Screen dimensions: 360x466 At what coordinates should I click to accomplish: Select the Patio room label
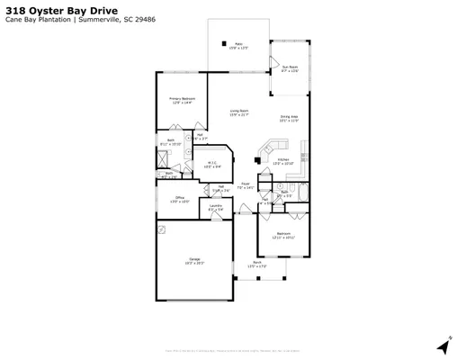pyautogui.click(x=239, y=44)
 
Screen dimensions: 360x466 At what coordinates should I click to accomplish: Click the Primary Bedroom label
pyautogui.click(x=183, y=101)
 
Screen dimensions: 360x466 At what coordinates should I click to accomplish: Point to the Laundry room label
pyautogui.click(x=216, y=207)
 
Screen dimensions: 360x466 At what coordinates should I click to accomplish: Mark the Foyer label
pyautogui.click(x=245, y=184)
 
